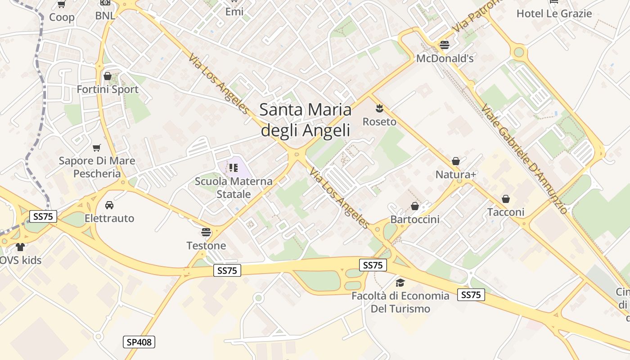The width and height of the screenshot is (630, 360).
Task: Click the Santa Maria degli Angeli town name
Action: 306,120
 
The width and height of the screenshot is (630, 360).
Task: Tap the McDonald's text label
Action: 445,58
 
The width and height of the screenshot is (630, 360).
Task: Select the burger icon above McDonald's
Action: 445,45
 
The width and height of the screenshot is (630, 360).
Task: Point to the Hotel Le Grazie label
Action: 554,13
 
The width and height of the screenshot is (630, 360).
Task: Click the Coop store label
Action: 62,17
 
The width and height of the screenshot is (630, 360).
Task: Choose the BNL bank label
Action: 105,16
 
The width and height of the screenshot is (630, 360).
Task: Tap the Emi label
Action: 234,12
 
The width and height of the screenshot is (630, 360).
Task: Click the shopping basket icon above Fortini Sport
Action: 107,76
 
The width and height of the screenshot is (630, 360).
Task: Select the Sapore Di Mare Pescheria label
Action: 97,167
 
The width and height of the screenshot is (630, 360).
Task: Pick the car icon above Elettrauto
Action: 109,205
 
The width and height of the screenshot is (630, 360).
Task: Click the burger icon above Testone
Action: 206,232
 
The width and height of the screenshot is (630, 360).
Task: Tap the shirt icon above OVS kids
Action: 20,247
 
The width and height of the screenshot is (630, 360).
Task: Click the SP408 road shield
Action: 139,342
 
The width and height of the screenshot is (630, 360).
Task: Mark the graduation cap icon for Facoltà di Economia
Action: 400,283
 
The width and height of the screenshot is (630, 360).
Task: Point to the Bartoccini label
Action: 415,220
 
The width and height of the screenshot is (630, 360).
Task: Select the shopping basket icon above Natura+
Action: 455,161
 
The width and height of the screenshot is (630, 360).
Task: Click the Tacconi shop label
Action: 506,212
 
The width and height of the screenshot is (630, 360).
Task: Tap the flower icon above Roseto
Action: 379,108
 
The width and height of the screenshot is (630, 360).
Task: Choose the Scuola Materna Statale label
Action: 234,188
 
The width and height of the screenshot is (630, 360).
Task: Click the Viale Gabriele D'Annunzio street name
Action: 524,158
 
